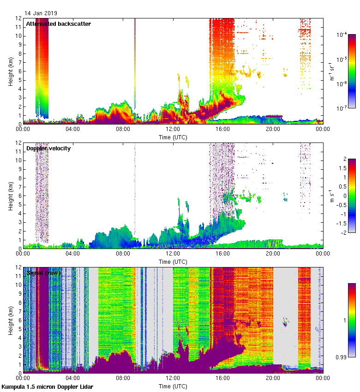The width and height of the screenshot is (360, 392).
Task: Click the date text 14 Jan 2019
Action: pos(41,13)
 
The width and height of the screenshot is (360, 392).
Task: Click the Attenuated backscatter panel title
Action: pos(58,24)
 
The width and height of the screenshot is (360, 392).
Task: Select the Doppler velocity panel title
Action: pos(48,148)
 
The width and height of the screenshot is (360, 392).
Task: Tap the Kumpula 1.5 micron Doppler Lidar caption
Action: pos(47,386)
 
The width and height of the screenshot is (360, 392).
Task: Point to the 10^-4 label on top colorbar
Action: pos(341,35)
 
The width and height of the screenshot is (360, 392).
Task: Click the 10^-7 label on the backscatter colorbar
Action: pos(341,108)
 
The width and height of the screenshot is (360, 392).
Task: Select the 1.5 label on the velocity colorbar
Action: pos(342,168)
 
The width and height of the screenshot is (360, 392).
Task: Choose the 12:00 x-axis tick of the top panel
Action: pos(173,129)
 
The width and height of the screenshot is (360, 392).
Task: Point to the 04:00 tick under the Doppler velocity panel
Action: pos(73,253)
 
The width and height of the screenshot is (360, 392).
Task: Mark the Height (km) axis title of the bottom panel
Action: pos(10,320)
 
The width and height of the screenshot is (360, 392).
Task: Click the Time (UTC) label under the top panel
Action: pos(173,137)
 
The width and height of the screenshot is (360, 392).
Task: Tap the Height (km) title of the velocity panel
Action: pos(10,195)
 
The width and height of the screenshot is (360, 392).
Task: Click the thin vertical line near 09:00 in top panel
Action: pos(135,65)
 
